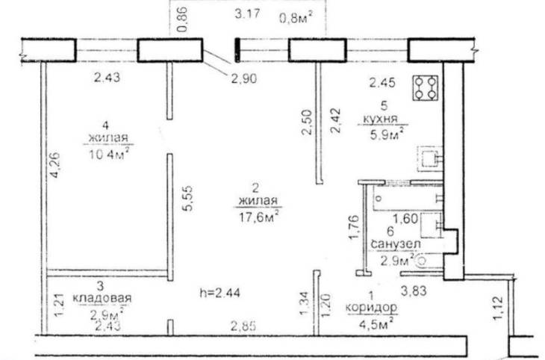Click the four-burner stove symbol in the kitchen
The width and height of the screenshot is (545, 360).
click(x=426, y=88)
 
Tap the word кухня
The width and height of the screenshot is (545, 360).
click(x=380, y=118)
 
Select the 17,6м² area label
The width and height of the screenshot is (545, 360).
click(x=258, y=217)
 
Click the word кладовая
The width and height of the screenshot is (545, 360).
click(x=102, y=298)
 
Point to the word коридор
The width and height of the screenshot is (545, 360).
click(x=371, y=308)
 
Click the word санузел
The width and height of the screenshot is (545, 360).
click(x=396, y=243)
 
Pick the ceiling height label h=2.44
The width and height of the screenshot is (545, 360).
click(x=220, y=293)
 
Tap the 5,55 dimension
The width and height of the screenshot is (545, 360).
click(x=187, y=198)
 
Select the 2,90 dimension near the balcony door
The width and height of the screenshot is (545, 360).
click(x=244, y=78)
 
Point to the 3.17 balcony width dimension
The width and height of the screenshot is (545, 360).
click(x=247, y=14)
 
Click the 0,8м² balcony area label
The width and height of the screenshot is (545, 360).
click(x=296, y=17)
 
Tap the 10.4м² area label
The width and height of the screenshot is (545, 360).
click(x=108, y=153)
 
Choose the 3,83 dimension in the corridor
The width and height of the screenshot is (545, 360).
click(x=414, y=291)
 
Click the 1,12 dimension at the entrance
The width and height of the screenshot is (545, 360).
click(x=498, y=308)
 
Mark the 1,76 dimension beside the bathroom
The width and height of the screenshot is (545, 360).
click(x=353, y=228)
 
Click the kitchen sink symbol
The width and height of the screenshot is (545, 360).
click(x=430, y=159)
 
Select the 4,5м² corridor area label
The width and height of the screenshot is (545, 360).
click(x=379, y=323)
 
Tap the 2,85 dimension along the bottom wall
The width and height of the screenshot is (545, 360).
click(x=244, y=326)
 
